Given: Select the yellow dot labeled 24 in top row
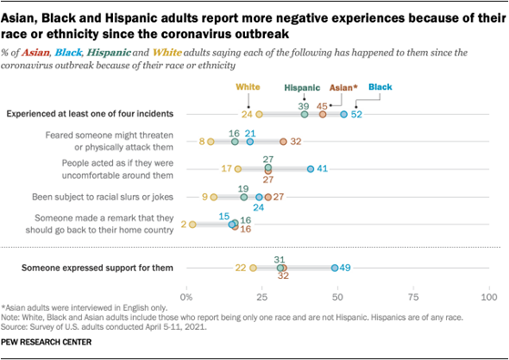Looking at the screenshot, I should coord(259,114).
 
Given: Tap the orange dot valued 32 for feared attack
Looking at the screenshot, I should coord(283,141).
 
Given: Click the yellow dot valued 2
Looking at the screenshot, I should coord(192,223).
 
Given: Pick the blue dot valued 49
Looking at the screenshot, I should coord(334,268).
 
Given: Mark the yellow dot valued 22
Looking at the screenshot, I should coord(253,268).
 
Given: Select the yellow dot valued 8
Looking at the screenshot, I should coord(210,141).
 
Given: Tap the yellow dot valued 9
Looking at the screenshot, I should coord(213,196).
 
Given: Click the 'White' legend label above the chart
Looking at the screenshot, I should coord(248,87).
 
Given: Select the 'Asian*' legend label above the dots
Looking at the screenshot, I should coord(342,88).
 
